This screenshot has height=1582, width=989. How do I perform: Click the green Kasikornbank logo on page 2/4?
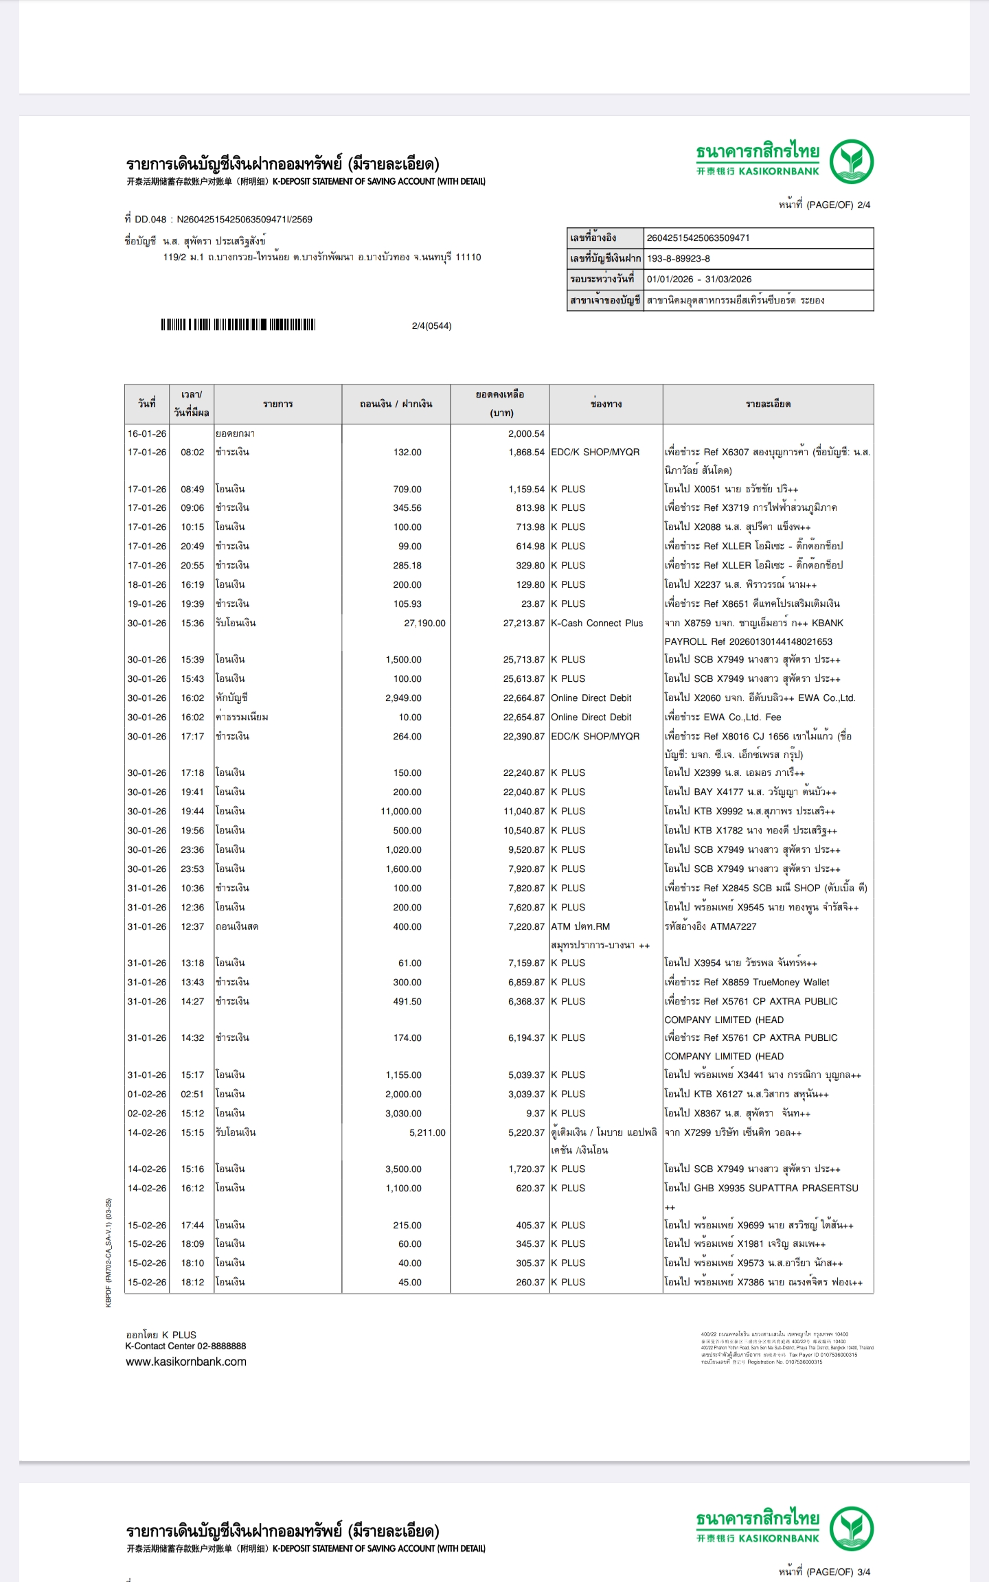(x=851, y=161)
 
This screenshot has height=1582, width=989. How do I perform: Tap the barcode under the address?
(x=238, y=325)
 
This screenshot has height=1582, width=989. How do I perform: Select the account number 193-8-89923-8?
(x=679, y=259)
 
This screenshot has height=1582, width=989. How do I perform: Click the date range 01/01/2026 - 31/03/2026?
(x=699, y=279)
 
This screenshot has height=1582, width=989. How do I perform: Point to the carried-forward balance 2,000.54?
(x=526, y=434)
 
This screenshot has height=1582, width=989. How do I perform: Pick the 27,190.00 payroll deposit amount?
(x=424, y=623)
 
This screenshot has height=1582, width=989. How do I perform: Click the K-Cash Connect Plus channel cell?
(x=597, y=623)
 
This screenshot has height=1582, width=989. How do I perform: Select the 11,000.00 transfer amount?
(x=401, y=812)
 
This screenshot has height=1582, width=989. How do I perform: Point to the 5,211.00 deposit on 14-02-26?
(x=427, y=1133)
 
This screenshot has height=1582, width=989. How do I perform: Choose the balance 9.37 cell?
(x=535, y=1114)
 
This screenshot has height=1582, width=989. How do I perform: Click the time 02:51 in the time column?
(x=192, y=1094)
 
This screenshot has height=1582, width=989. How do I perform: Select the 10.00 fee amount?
(x=410, y=718)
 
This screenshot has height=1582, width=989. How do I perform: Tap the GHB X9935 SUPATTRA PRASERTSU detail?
(x=761, y=1189)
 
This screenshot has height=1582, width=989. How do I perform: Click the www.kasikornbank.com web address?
(x=186, y=1362)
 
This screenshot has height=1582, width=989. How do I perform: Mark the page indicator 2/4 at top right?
(x=824, y=205)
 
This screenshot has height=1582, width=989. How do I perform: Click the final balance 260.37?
(x=530, y=1283)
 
